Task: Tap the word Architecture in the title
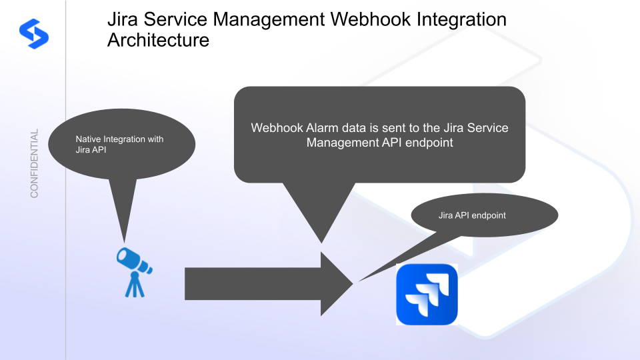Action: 158,40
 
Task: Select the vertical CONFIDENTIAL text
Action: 34,163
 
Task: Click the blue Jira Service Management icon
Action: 427,294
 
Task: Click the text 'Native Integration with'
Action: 119,139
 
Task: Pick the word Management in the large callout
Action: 340,142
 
